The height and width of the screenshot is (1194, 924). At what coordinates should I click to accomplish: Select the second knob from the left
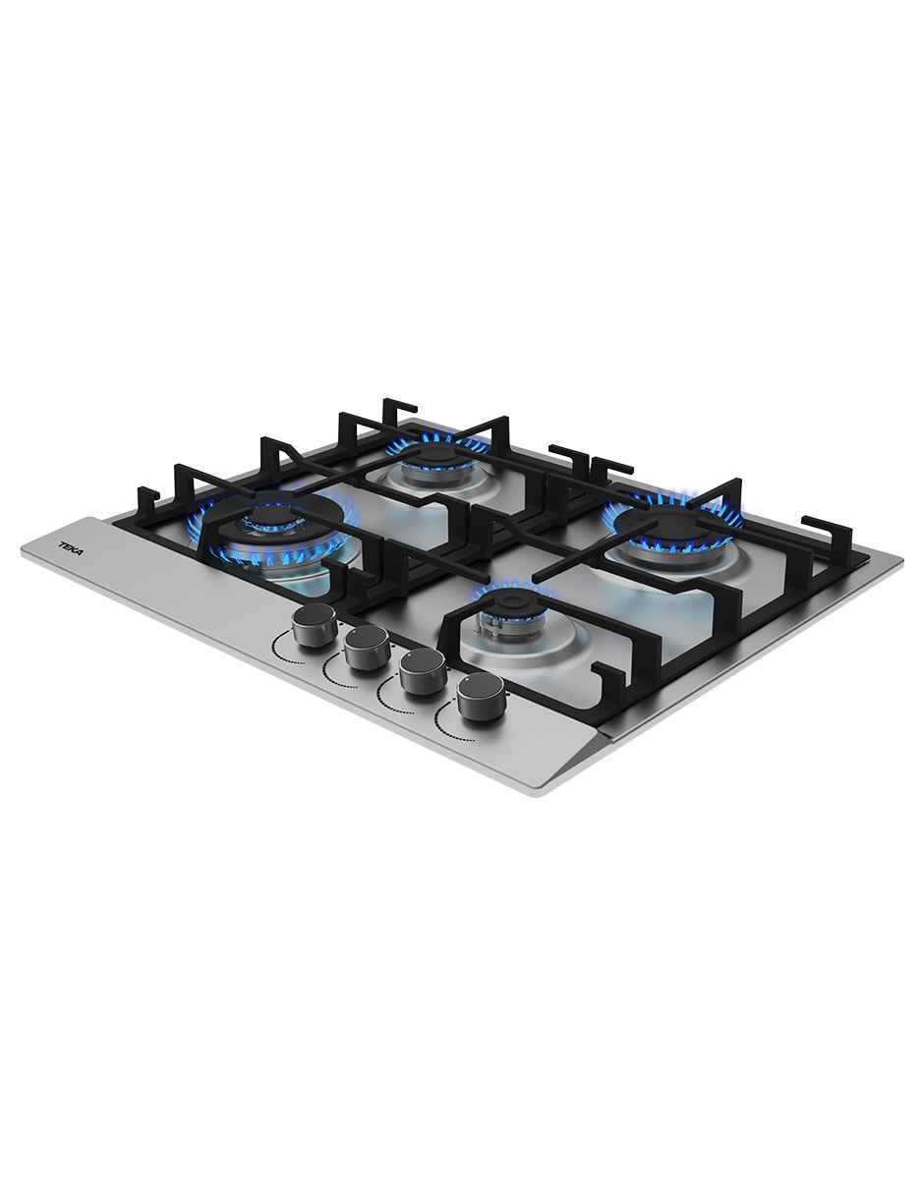368,649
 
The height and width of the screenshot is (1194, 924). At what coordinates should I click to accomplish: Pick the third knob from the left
422,672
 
